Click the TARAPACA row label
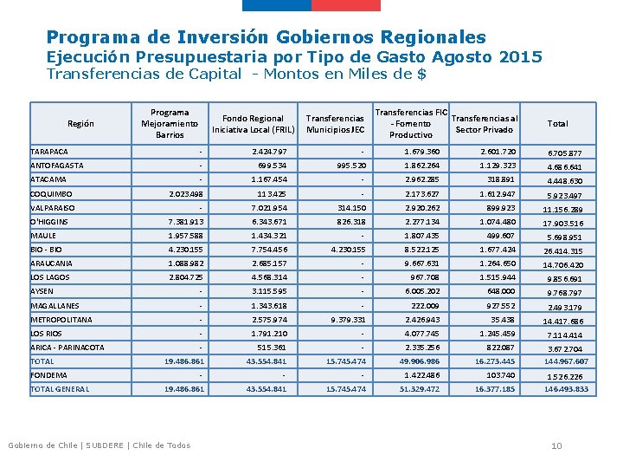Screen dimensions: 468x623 point(49,152)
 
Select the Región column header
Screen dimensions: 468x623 point(80,124)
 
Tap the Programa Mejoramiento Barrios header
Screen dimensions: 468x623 point(170,124)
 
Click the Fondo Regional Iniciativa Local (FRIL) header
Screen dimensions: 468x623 point(253,124)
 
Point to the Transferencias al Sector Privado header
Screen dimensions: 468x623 point(485,124)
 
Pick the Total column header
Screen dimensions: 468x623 point(557,124)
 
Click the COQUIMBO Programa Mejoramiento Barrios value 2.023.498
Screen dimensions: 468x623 point(185,194)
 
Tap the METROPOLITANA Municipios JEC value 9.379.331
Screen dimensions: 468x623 point(348,319)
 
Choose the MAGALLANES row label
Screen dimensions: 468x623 point(55,306)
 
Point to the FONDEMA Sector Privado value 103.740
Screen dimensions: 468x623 point(500,375)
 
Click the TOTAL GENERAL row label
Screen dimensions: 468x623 point(60,389)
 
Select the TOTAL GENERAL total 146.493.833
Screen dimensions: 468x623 point(566,390)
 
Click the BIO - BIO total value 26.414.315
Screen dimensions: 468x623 point(562,250)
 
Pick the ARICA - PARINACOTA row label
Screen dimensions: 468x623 point(67,348)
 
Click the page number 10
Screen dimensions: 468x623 point(557,445)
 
